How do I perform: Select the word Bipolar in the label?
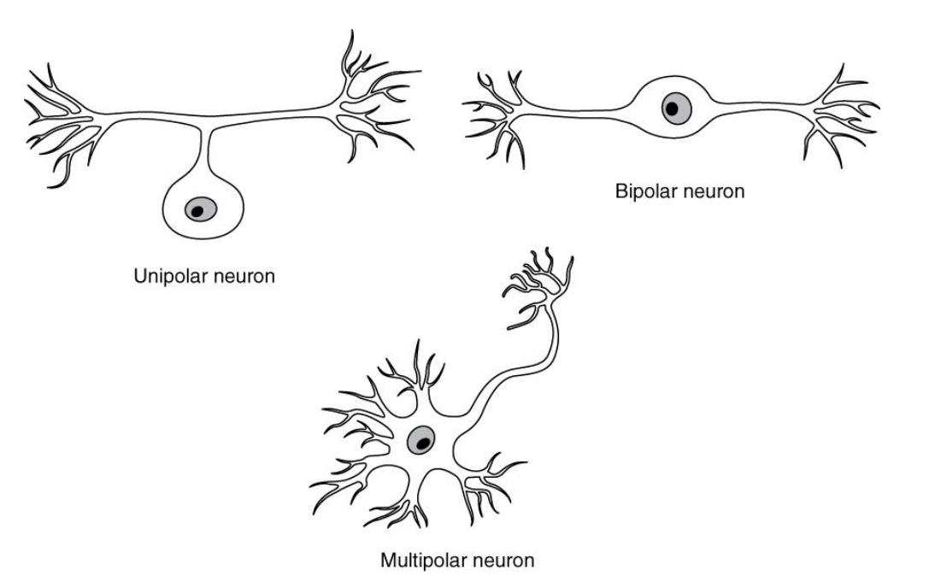(x=644, y=191)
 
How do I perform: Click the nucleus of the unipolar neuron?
(x=200, y=209)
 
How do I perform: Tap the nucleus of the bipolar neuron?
(x=676, y=109)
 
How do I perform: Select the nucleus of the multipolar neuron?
(x=420, y=441)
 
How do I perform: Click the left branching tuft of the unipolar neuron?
(x=59, y=121)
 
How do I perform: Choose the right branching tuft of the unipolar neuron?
(x=374, y=101)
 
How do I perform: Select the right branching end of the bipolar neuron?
(x=840, y=115)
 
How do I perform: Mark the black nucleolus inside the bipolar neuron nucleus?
(x=672, y=109)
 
